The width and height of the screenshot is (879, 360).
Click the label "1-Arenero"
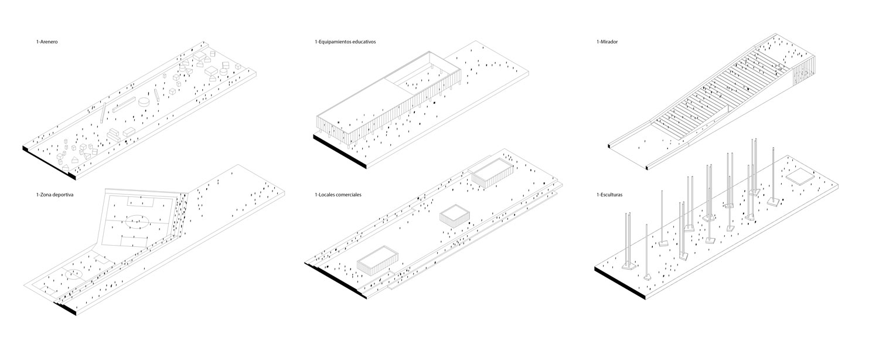[47, 42]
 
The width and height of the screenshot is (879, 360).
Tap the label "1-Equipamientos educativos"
[345, 42]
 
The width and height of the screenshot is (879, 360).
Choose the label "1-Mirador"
[608, 42]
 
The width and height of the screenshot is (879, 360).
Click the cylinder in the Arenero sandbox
[144, 103]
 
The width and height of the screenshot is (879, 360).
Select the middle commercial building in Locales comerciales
[455, 215]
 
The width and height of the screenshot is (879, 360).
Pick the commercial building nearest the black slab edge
[377, 259]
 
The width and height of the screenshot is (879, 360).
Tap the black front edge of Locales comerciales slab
[331, 276]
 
